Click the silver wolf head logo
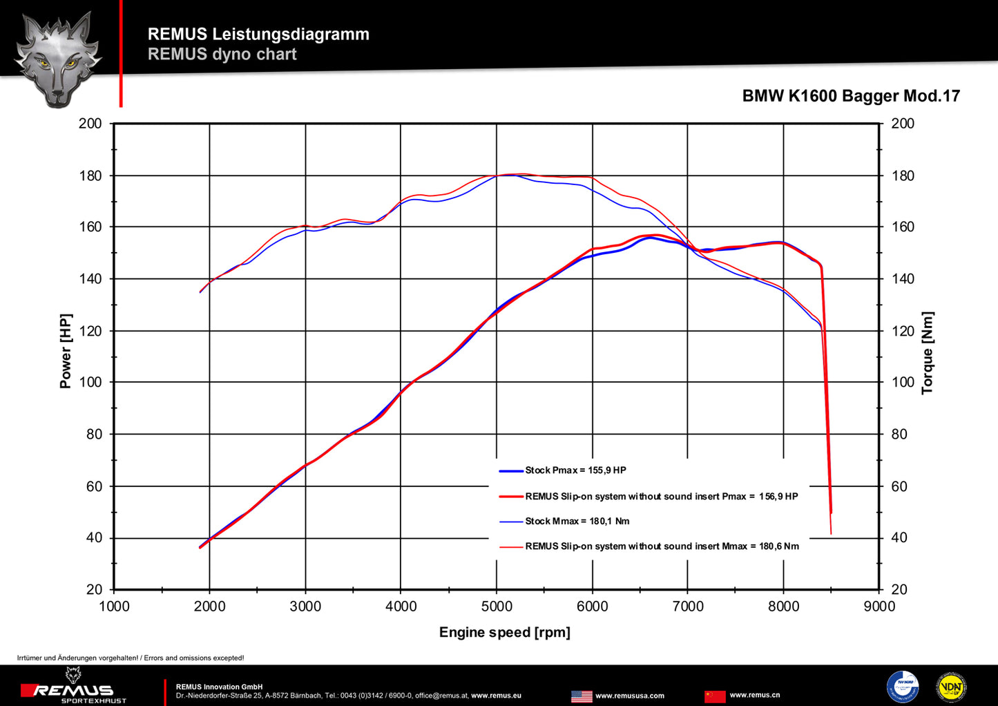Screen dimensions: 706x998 [58, 59]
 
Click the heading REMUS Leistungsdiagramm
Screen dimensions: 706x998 [258, 34]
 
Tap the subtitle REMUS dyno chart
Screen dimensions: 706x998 [222, 54]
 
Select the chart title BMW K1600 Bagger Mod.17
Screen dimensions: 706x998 [851, 96]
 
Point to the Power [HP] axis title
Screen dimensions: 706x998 [66, 351]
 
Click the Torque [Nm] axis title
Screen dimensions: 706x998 [927, 352]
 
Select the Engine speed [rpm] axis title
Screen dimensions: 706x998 [504, 632]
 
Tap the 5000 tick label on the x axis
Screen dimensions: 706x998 [496, 607]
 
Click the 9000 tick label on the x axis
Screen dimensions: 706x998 [879, 607]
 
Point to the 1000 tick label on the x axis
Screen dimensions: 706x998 [114, 607]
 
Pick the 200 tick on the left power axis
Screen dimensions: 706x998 [90, 124]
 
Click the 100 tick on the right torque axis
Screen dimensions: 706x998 [902, 382]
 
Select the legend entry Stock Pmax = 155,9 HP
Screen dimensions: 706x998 [575, 470]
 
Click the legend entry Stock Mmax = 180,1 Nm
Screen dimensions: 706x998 [577, 522]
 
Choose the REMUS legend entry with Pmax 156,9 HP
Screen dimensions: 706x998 [661, 496]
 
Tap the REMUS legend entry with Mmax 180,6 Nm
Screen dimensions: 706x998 [662, 546]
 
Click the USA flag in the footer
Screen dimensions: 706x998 [582, 696]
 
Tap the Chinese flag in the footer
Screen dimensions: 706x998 [715, 696]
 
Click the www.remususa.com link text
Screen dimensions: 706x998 [629, 696]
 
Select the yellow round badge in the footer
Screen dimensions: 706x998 [951, 687]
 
